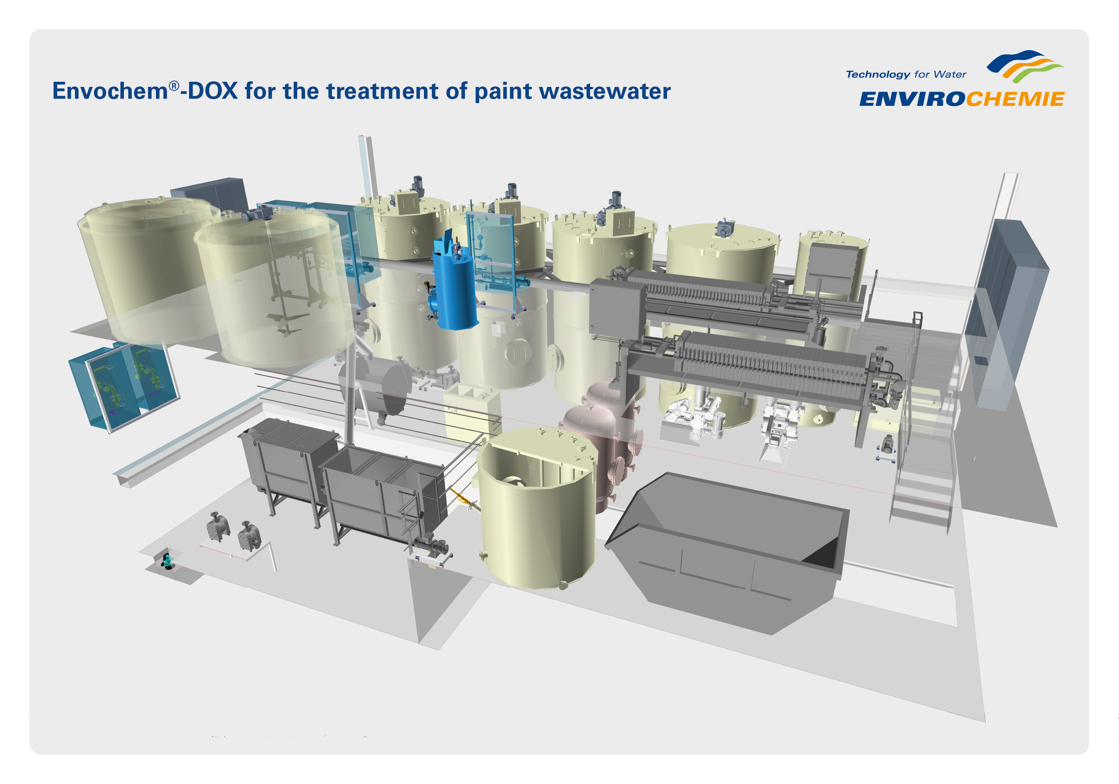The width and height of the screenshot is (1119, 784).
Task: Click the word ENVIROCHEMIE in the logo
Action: [x=961, y=99]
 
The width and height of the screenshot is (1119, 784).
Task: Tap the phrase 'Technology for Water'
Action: [x=906, y=75]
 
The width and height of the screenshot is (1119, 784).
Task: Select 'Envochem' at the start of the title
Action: [x=110, y=91]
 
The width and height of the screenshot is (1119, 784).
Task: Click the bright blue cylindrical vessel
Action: [x=454, y=284]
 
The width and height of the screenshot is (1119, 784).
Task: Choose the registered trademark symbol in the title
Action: [x=174, y=86]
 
